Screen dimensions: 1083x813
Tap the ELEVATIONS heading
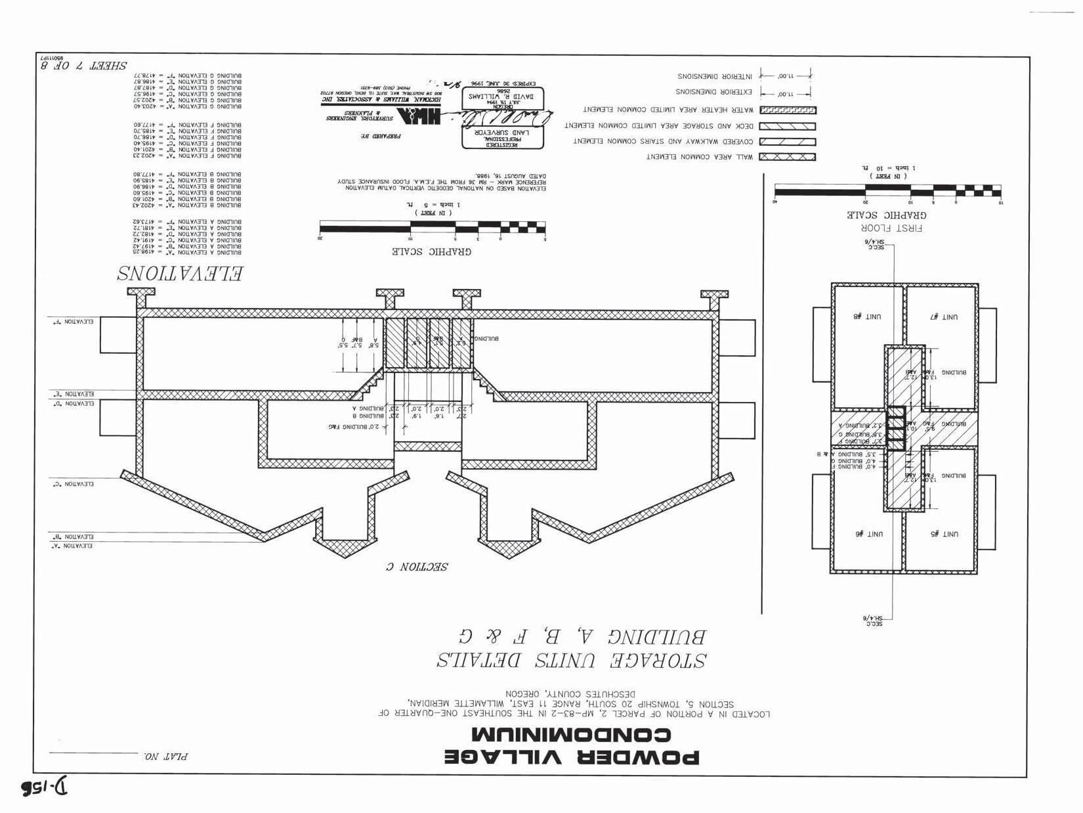click(x=180, y=273)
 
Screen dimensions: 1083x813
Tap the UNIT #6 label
click(x=868, y=534)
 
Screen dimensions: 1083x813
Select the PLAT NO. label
click(x=165, y=756)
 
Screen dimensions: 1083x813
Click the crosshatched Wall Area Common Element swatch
click(x=787, y=157)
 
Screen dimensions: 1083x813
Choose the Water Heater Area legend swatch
click(x=787, y=110)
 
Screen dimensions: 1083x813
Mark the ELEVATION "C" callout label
click(x=73, y=484)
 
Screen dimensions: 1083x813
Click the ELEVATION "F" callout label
click(x=73, y=322)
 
